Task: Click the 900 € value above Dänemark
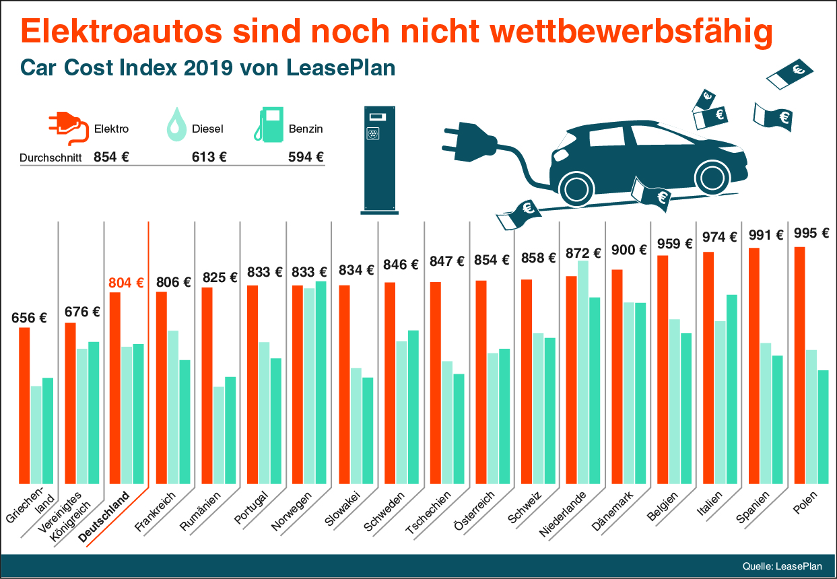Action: pos(629,250)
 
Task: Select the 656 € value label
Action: pos(29,318)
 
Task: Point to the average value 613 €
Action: pos(209,158)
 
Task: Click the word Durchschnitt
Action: pos(51,158)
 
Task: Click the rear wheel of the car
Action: pos(713,177)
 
